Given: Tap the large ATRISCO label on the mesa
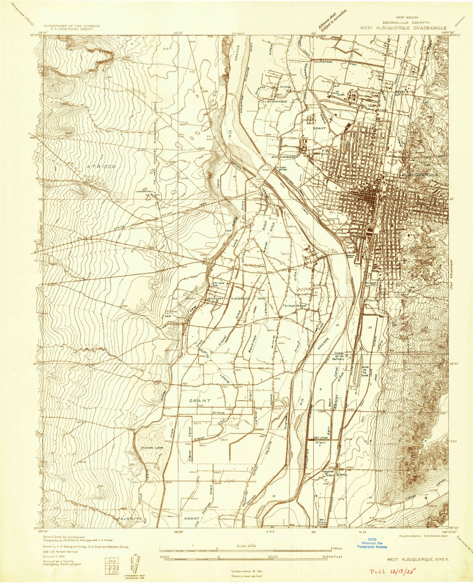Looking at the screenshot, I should click(x=102, y=166).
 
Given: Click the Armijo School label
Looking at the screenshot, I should click(x=295, y=306).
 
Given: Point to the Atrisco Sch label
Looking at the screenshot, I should click(x=218, y=284).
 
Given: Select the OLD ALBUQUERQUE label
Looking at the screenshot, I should click(x=286, y=157).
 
